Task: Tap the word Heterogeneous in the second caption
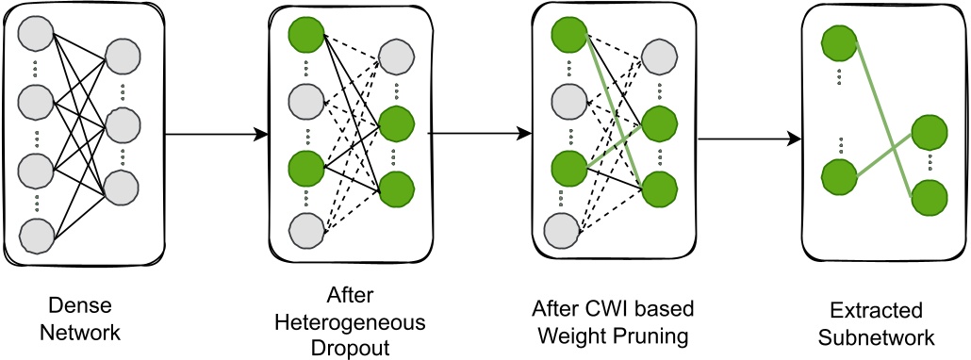coord(350,322)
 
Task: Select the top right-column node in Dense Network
coord(123,57)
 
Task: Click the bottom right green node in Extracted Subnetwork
coord(928,196)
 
